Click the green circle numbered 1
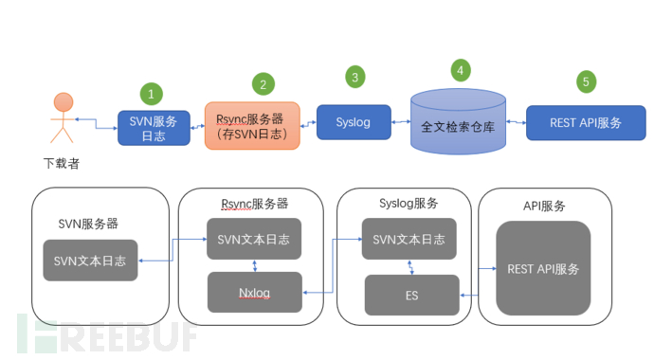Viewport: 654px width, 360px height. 151,93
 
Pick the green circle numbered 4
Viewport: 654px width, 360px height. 459,69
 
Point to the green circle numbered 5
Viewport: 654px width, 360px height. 586,81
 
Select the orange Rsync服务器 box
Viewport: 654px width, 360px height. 252,126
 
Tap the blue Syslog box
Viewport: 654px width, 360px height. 354,122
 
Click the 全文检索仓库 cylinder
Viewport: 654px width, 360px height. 458,121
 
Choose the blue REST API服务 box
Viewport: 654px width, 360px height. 586,122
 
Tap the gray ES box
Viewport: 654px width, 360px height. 411,296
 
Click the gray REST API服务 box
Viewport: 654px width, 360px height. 543,268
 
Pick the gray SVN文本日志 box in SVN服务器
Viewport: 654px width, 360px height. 90,261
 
